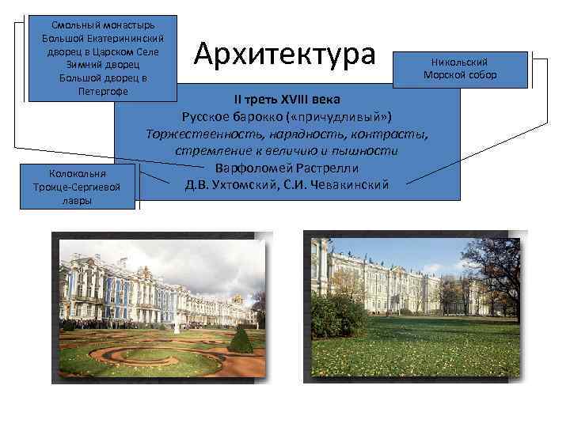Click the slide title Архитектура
(x=284, y=55)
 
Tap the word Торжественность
(x=201, y=134)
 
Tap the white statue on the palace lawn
(x=176, y=325)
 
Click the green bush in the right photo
(x=340, y=316)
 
